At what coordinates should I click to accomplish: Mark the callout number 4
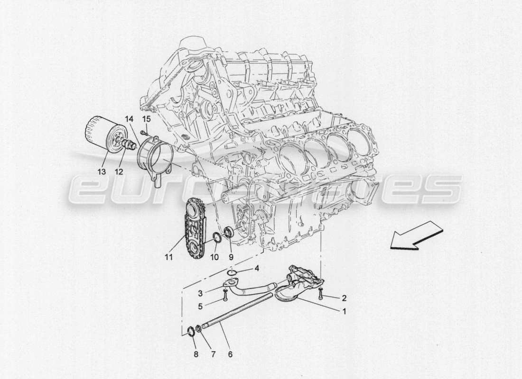[256, 269]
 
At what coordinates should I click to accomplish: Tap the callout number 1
[344, 312]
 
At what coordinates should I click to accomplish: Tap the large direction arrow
[416, 238]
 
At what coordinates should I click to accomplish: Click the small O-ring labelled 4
[232, 272]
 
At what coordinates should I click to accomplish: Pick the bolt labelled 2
[321, 295]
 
